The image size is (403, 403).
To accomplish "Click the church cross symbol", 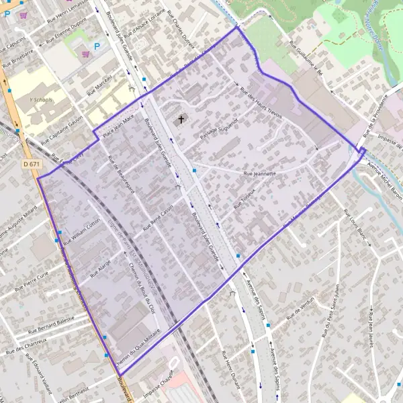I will click(x=180, y=120).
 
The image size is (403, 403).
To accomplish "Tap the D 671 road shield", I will click(x=30, y=163).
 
